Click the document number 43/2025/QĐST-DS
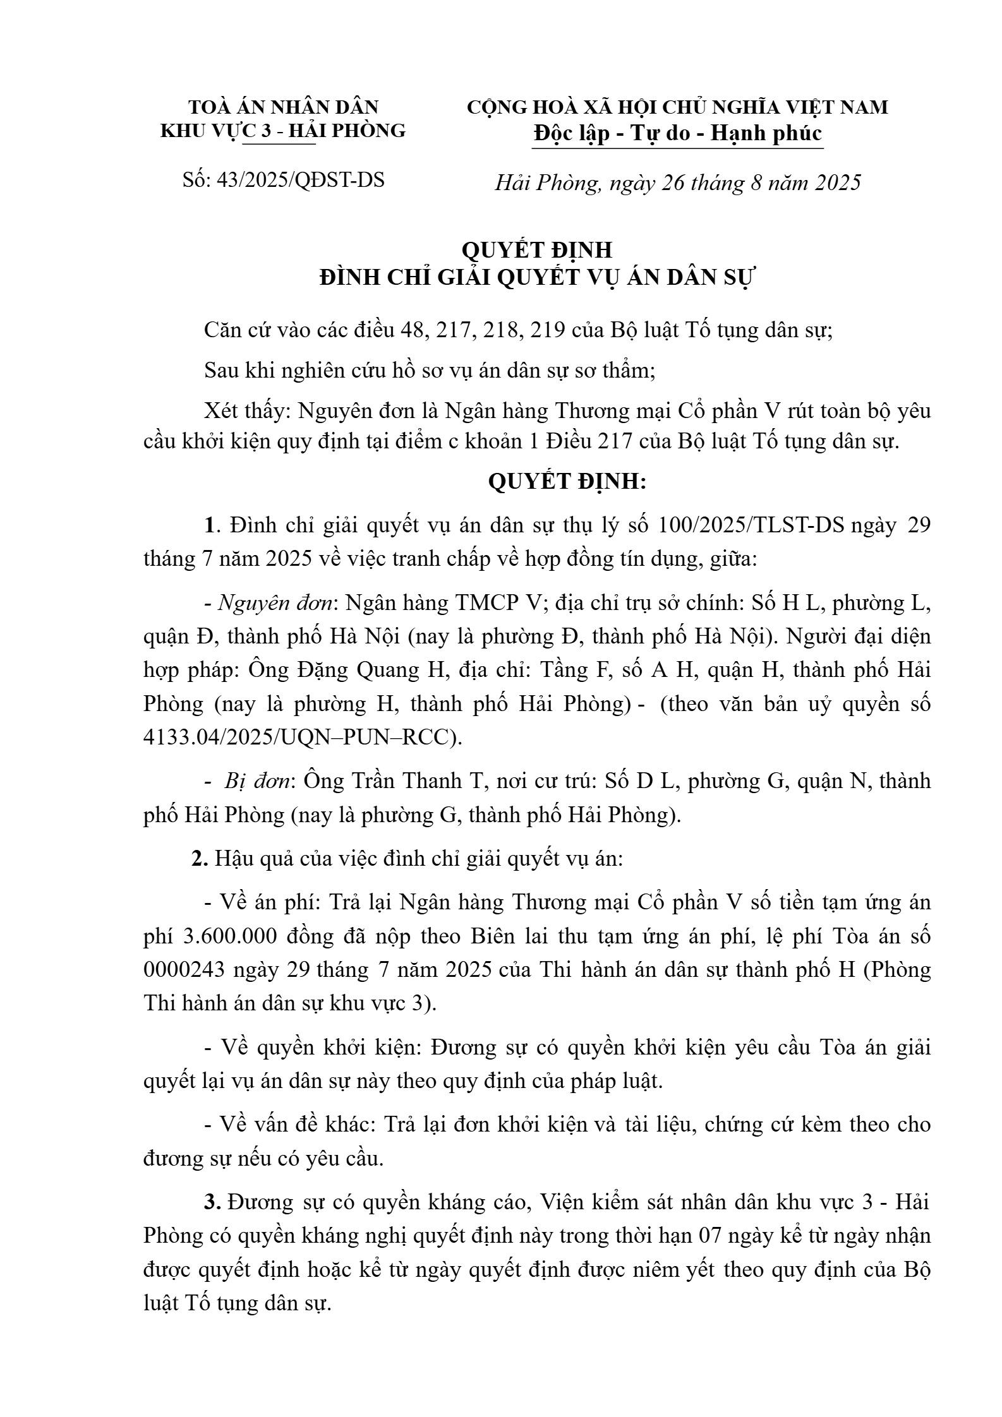click(x=300, y=181)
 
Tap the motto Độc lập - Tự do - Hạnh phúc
click(x=677, y=133)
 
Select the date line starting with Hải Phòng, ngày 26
click(x=677, y=183)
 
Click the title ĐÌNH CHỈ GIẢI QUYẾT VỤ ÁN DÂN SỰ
click(x=537, y=278)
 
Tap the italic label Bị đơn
click(x=258, y=781)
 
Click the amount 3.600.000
click(x=229, y=936)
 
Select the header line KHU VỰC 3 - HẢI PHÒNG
click(x=284, y=131)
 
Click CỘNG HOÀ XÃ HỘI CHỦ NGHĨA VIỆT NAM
click(x=677, y=107)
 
